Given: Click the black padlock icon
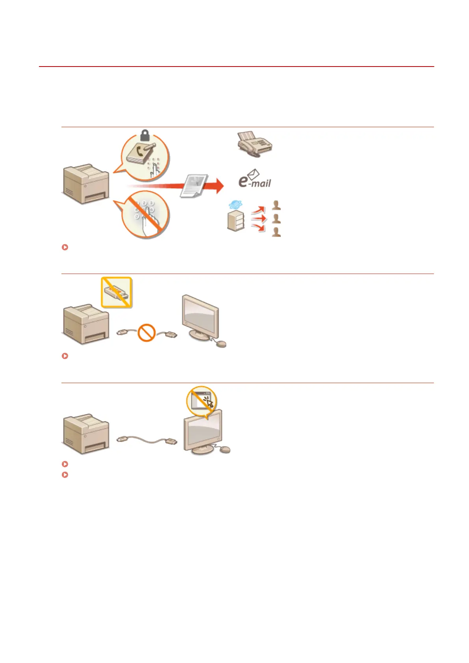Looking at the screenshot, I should point(145,137).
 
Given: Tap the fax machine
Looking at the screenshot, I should point(254,144).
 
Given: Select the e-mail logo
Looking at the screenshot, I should point(255,180).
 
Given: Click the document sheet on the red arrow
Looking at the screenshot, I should point(194,186).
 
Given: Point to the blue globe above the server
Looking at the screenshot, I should point(235,205).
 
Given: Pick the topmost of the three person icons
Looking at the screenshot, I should point(276,205).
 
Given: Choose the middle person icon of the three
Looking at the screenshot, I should point(276,219).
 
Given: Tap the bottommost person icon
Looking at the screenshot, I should point(276,232).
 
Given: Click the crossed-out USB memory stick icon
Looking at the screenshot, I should point(117,292).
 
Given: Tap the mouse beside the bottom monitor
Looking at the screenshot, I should point(224,449).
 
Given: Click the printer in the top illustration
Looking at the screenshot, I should point(86,184).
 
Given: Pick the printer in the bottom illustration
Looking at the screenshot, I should point(86,434).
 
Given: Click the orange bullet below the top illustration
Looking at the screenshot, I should point(65,247).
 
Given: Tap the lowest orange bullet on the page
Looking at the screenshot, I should point(65,475).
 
